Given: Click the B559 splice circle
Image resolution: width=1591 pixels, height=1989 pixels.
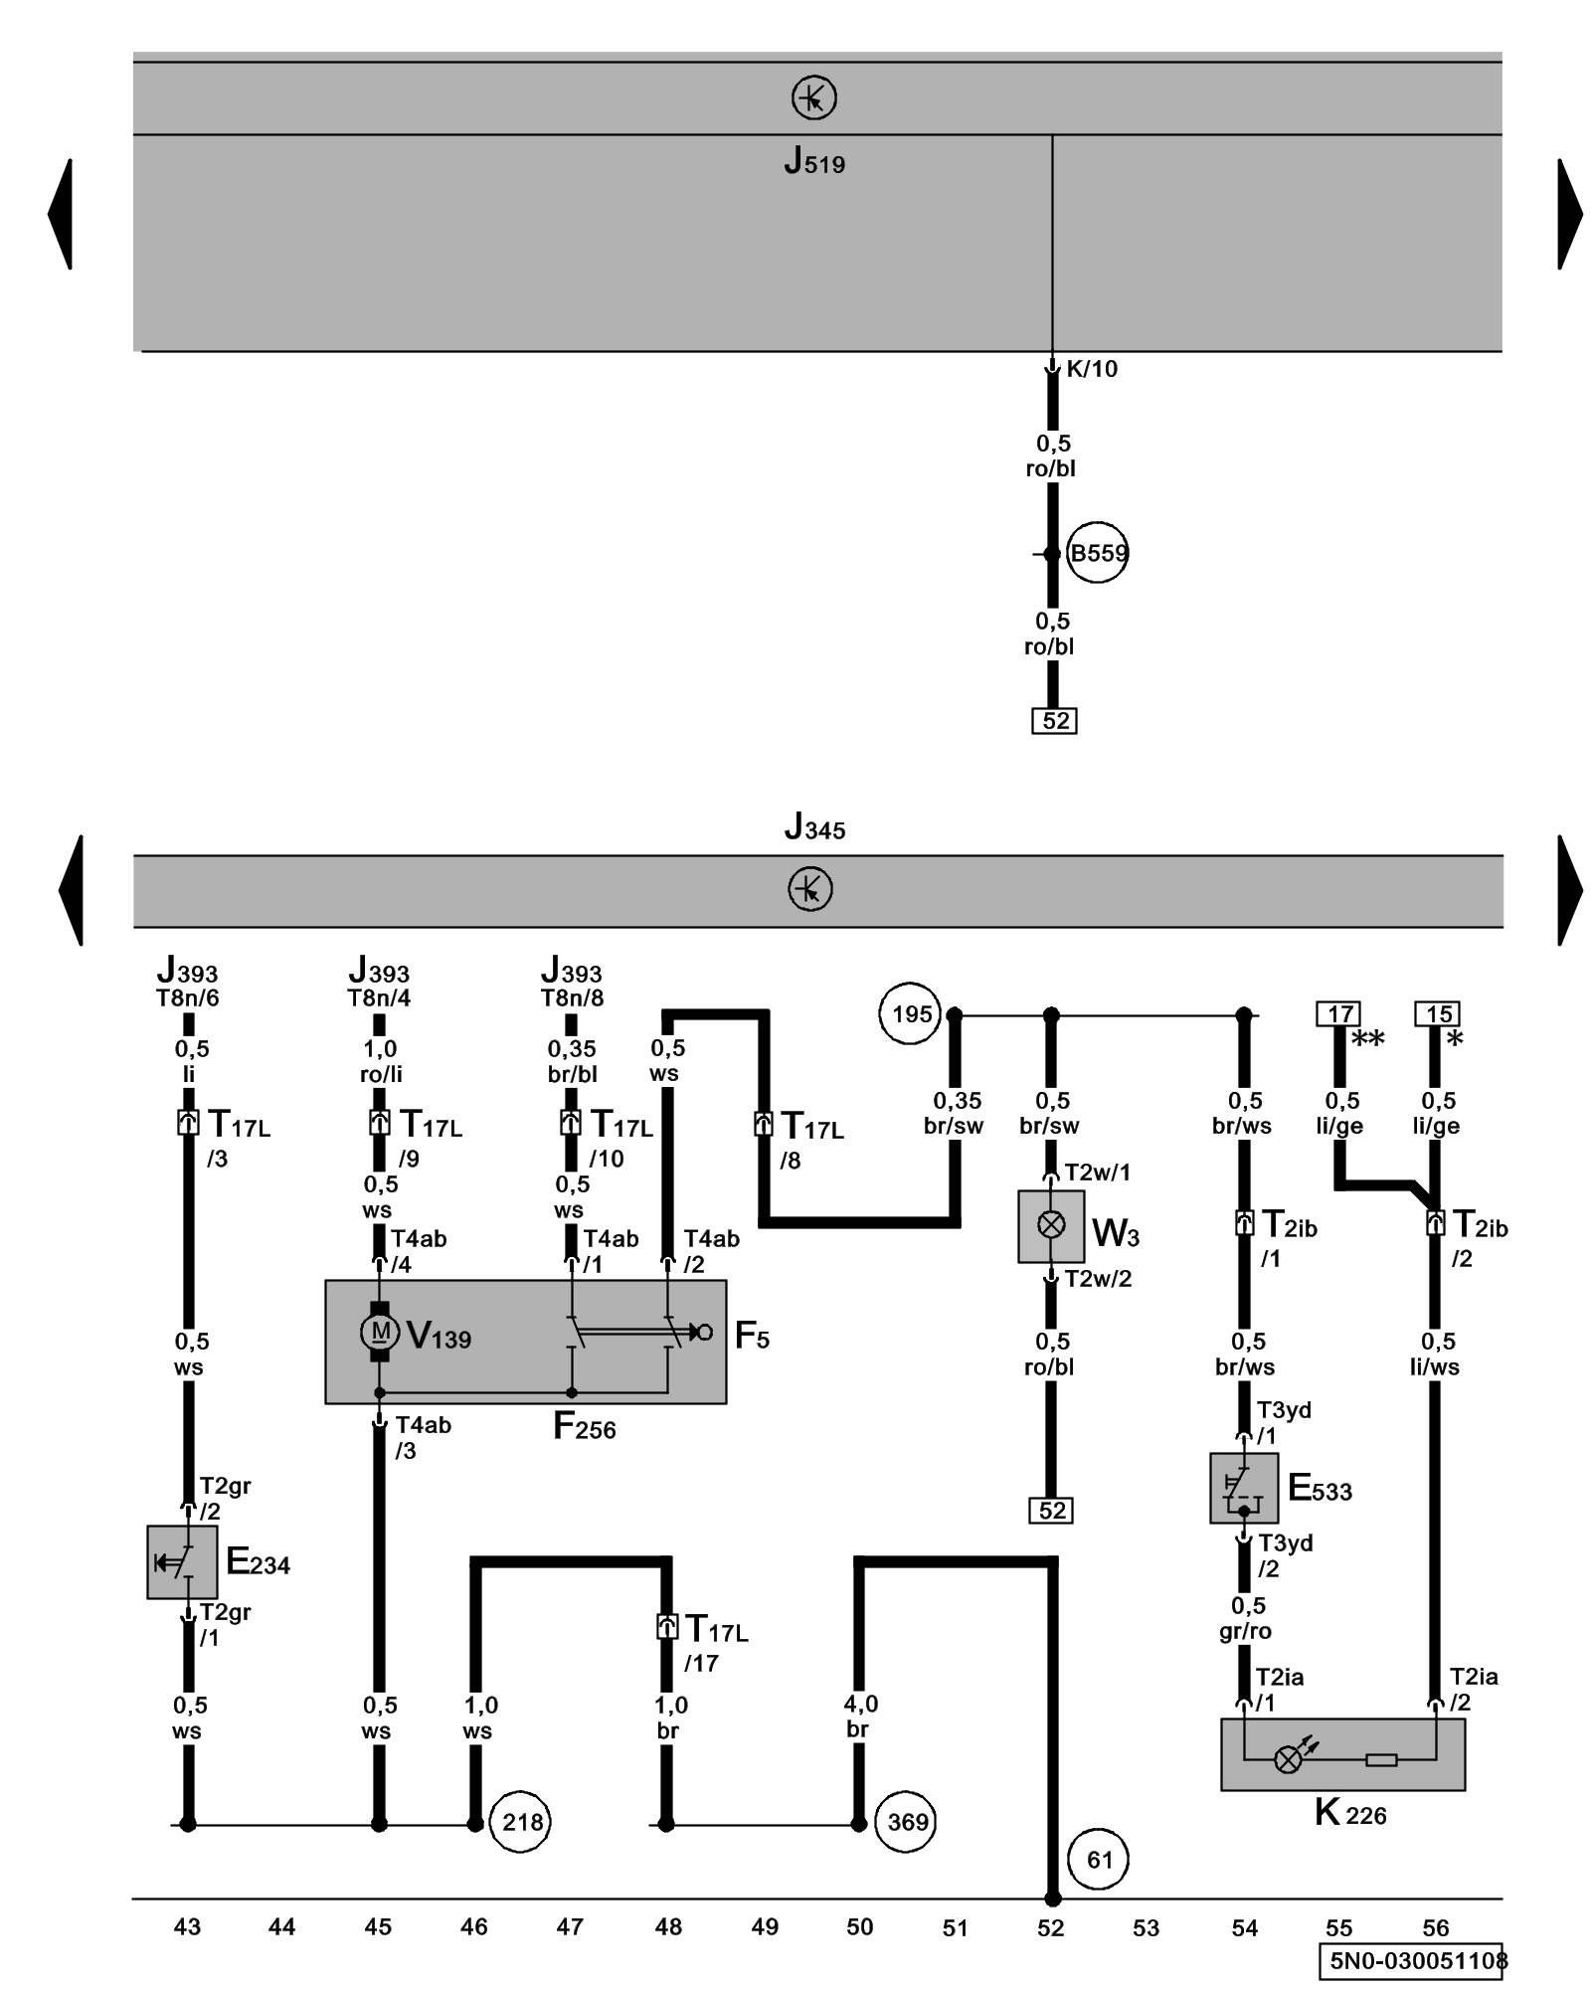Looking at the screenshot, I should pyautogui.click(x=1097, y=553).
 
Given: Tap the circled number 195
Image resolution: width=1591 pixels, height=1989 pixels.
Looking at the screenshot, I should pyautogui.click(x=911, y=1014).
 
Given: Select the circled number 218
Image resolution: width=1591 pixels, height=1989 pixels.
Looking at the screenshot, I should pyautogui.click(x=521, y=1822).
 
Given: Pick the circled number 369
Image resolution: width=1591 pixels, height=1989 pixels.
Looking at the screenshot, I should pyautogui.click(x=906, y=1822).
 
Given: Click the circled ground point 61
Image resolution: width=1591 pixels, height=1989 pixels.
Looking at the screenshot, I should pyautogui.click(x=1099, y=1860).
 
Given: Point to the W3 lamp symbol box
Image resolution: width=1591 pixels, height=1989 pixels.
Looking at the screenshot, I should pyautogui.click(x=1051, y=1226).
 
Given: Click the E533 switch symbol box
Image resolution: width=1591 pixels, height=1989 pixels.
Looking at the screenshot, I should pyautogui.click(x=1243, y=1489).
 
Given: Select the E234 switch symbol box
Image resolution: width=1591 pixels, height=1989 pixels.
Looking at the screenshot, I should pyautogui.click(x=182, y=1562).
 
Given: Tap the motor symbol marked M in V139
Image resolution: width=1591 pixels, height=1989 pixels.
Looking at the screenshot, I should pyautogui.click(x=380, y=1332).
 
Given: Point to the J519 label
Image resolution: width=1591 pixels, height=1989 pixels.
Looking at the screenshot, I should pyautogui.click(x=814, y=161).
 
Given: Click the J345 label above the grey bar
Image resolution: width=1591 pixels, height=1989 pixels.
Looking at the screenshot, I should pyautogui.click(x=814, y=827).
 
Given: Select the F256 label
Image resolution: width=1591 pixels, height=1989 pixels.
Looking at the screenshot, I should pyautogui.click(x=584, y=1428).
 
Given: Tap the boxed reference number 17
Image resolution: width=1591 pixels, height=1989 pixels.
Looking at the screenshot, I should pyautogui.click(x=1338, y=1014).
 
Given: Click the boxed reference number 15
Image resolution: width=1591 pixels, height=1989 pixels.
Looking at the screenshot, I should pyautogui.click(x=1437, y=1014).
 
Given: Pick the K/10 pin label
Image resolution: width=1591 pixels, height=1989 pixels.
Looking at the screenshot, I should pyautogui.click(x=1091, y=369).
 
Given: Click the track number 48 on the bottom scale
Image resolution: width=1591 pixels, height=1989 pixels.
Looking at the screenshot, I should pyautogui.click(x=668, y=1927).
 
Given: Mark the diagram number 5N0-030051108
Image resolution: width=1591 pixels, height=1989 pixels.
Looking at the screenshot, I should pyautogui.click(x=1417, y=1961).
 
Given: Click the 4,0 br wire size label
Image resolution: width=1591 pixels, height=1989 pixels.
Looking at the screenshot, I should pyautogui.click(x=860, y=1717).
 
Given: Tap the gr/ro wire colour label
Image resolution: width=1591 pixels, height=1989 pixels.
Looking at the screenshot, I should pyautogui.click(x=1245, y=1631).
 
